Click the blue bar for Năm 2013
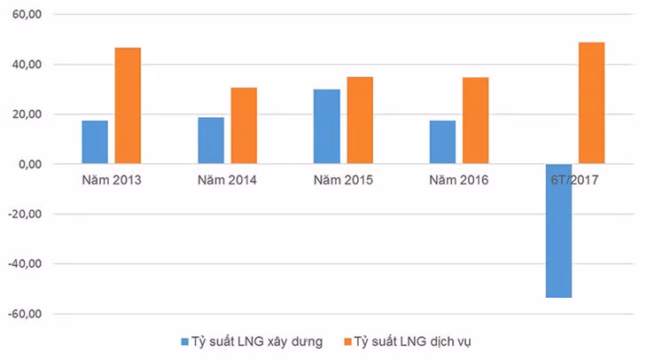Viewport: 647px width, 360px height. [95, 142]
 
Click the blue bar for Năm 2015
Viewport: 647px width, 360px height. [327, 127]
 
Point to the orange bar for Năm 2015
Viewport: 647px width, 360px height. [360, 121]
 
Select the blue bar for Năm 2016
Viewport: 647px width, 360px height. [443, 142]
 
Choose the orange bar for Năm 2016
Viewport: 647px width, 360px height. [475, 121]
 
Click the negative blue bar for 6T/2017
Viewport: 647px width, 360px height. [558, 231]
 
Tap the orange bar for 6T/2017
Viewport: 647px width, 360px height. [591, 103]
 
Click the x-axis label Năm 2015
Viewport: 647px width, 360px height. [343, 180]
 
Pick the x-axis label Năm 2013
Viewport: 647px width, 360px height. [111, 180]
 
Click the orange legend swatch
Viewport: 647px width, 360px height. [347, 341]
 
